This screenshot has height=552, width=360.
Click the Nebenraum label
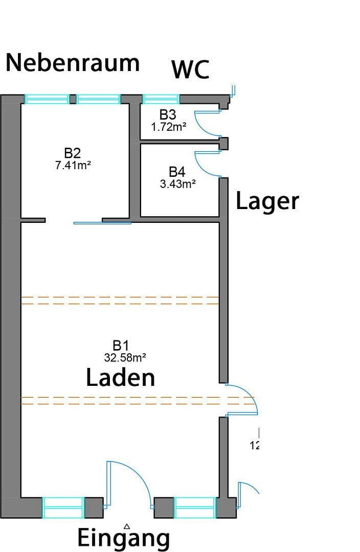72,63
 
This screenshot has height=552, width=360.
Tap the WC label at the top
190,70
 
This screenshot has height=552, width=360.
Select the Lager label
267,201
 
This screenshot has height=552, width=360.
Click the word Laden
120,378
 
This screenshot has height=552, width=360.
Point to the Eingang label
123,538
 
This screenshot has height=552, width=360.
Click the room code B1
121,346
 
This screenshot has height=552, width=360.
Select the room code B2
73,153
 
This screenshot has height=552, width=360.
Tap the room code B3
168,115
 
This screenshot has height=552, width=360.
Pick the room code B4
177,172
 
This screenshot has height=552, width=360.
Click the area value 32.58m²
122,357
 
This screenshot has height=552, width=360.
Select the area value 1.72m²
168,127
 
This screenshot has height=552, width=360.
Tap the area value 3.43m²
177,184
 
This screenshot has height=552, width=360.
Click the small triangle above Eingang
127,525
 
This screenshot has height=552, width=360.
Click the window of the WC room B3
161,99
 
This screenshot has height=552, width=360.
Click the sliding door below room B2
102,223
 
